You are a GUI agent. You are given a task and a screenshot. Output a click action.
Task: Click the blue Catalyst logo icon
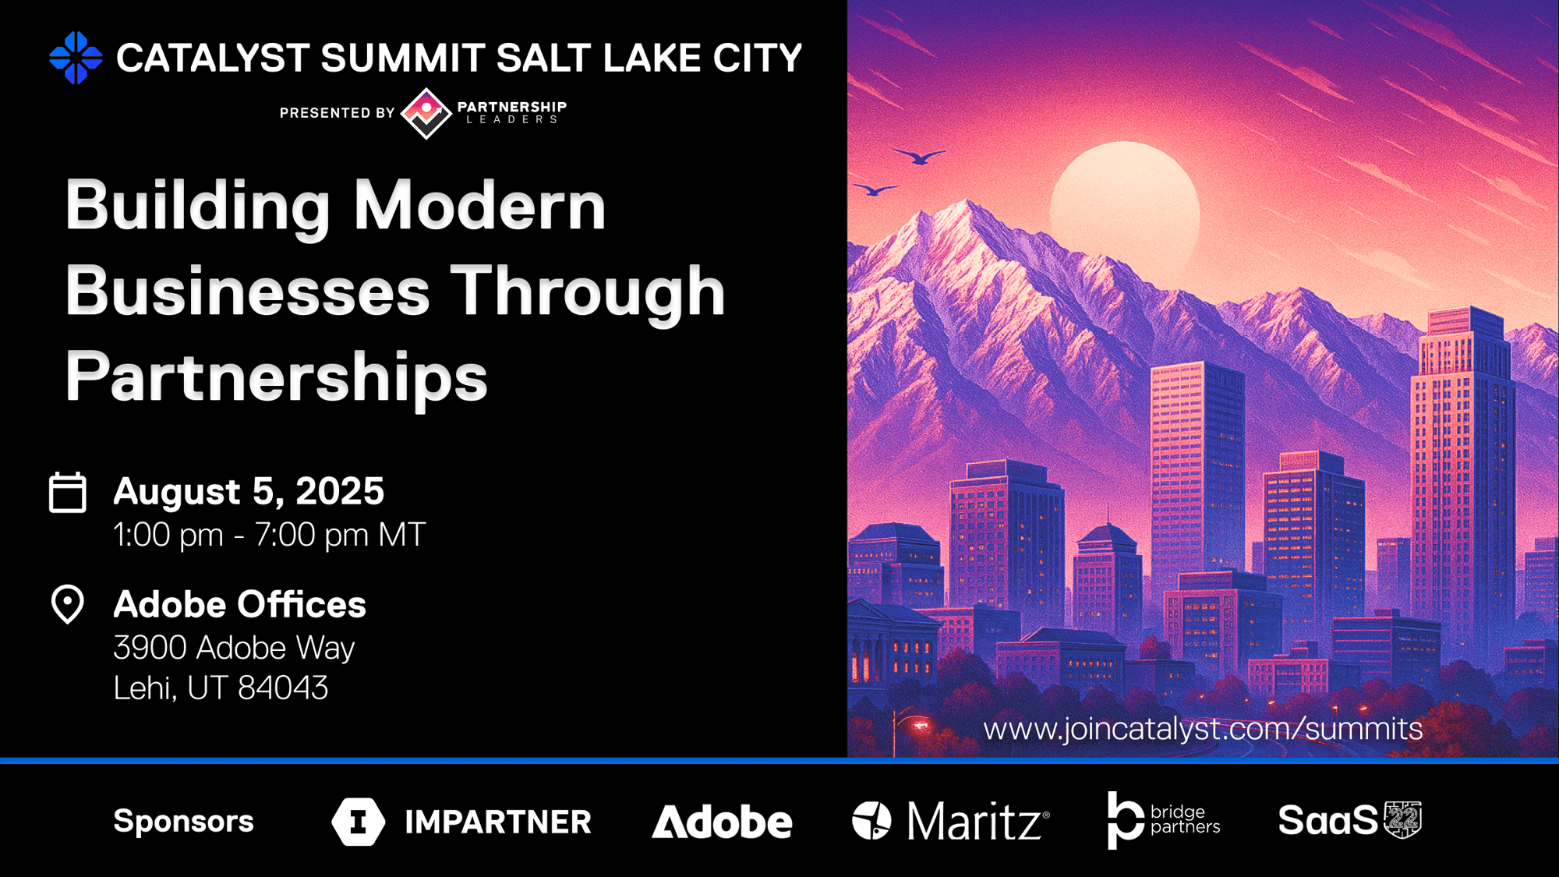tap(76, 58)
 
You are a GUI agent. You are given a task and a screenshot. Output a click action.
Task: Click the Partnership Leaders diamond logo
tap(426, 113)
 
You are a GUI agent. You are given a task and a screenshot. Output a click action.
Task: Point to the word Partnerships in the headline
tap(277, 378)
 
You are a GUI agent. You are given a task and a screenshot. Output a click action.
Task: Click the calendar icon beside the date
tap(68, 492)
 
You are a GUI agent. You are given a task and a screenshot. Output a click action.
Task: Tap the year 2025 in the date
tap(340, 491)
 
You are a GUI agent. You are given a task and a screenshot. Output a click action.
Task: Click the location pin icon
tap(68, 604)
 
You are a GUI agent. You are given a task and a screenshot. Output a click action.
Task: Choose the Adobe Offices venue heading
tap(240, 604)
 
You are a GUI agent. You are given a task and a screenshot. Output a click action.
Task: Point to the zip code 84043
tap(283, 688)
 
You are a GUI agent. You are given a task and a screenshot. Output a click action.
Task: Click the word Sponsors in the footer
tap(184, 821)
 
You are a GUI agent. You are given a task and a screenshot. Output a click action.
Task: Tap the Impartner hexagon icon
tap(359, 822)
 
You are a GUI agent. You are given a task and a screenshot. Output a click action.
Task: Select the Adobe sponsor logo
tap(722, 822)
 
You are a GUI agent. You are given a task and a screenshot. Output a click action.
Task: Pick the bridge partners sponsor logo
tap(1164, 820)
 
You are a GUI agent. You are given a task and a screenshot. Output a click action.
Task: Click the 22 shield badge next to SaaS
tap(1403, 820)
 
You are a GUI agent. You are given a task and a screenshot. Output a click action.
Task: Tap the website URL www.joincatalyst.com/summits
tap(1203, 729)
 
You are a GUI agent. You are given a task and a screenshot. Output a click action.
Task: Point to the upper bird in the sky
tap(920, 156)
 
